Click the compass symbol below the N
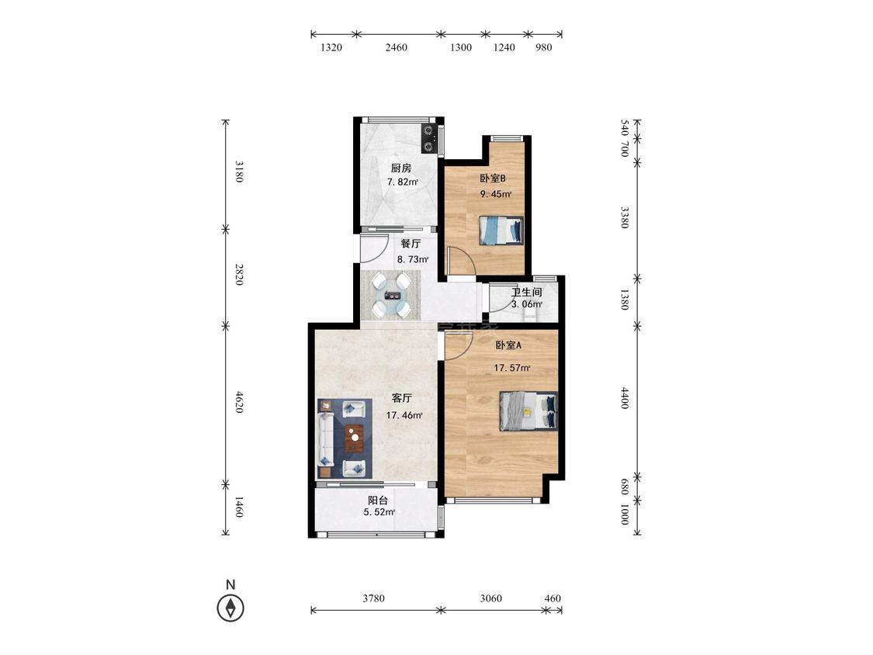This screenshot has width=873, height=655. point(230,608)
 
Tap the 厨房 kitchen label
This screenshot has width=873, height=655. point(401,168)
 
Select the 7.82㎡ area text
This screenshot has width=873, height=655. point(403,182)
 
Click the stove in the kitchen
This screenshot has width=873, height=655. point(428,139)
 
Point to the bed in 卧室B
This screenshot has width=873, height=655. point(501,230)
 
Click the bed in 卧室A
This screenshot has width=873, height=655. point(528,411)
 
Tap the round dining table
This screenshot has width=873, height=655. point(391,295)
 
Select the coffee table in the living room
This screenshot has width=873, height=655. point(354,438)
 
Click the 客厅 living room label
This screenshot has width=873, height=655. point(402,398)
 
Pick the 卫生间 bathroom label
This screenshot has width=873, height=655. point(527,293)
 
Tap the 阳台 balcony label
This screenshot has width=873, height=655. point(377,500)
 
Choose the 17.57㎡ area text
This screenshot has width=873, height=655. point(512,368)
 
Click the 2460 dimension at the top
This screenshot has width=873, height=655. point(397,47)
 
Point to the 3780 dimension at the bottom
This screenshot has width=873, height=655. point(373,598)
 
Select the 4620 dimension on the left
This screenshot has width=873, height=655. point(239,402)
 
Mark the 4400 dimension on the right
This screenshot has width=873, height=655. point(625,398)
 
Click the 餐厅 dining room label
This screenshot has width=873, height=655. point(411,244)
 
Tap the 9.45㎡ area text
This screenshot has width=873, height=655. point(496,194)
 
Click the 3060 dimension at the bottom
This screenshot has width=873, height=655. point(490,598)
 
